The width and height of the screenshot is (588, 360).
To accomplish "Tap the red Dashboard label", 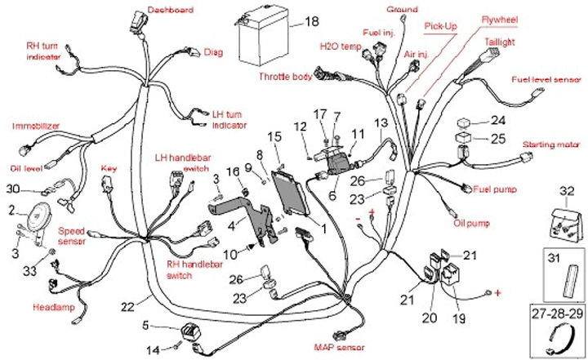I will pos(170,10).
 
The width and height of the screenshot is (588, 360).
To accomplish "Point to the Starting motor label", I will pos(550,144).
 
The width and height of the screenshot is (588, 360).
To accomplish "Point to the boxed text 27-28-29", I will pos(554,313).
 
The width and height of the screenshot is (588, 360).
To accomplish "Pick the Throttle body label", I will pos(285,76).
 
